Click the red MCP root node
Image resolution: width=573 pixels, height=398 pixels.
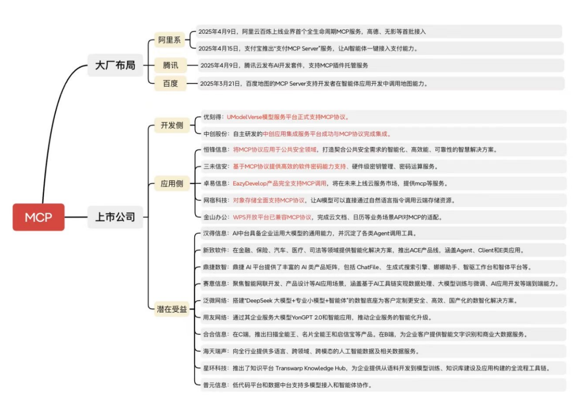coord(38,217)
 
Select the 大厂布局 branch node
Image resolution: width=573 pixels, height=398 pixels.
coord(115,65)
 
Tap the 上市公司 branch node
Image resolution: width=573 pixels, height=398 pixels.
coord(115,217)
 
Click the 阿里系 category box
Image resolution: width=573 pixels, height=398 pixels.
coord(169,40)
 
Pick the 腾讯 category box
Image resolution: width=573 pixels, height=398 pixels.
coord(170,65)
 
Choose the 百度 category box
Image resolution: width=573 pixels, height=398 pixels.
coord(170,84)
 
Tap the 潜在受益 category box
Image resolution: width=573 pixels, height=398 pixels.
coord(172,309)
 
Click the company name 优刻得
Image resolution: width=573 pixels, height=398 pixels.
coord(212,117)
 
